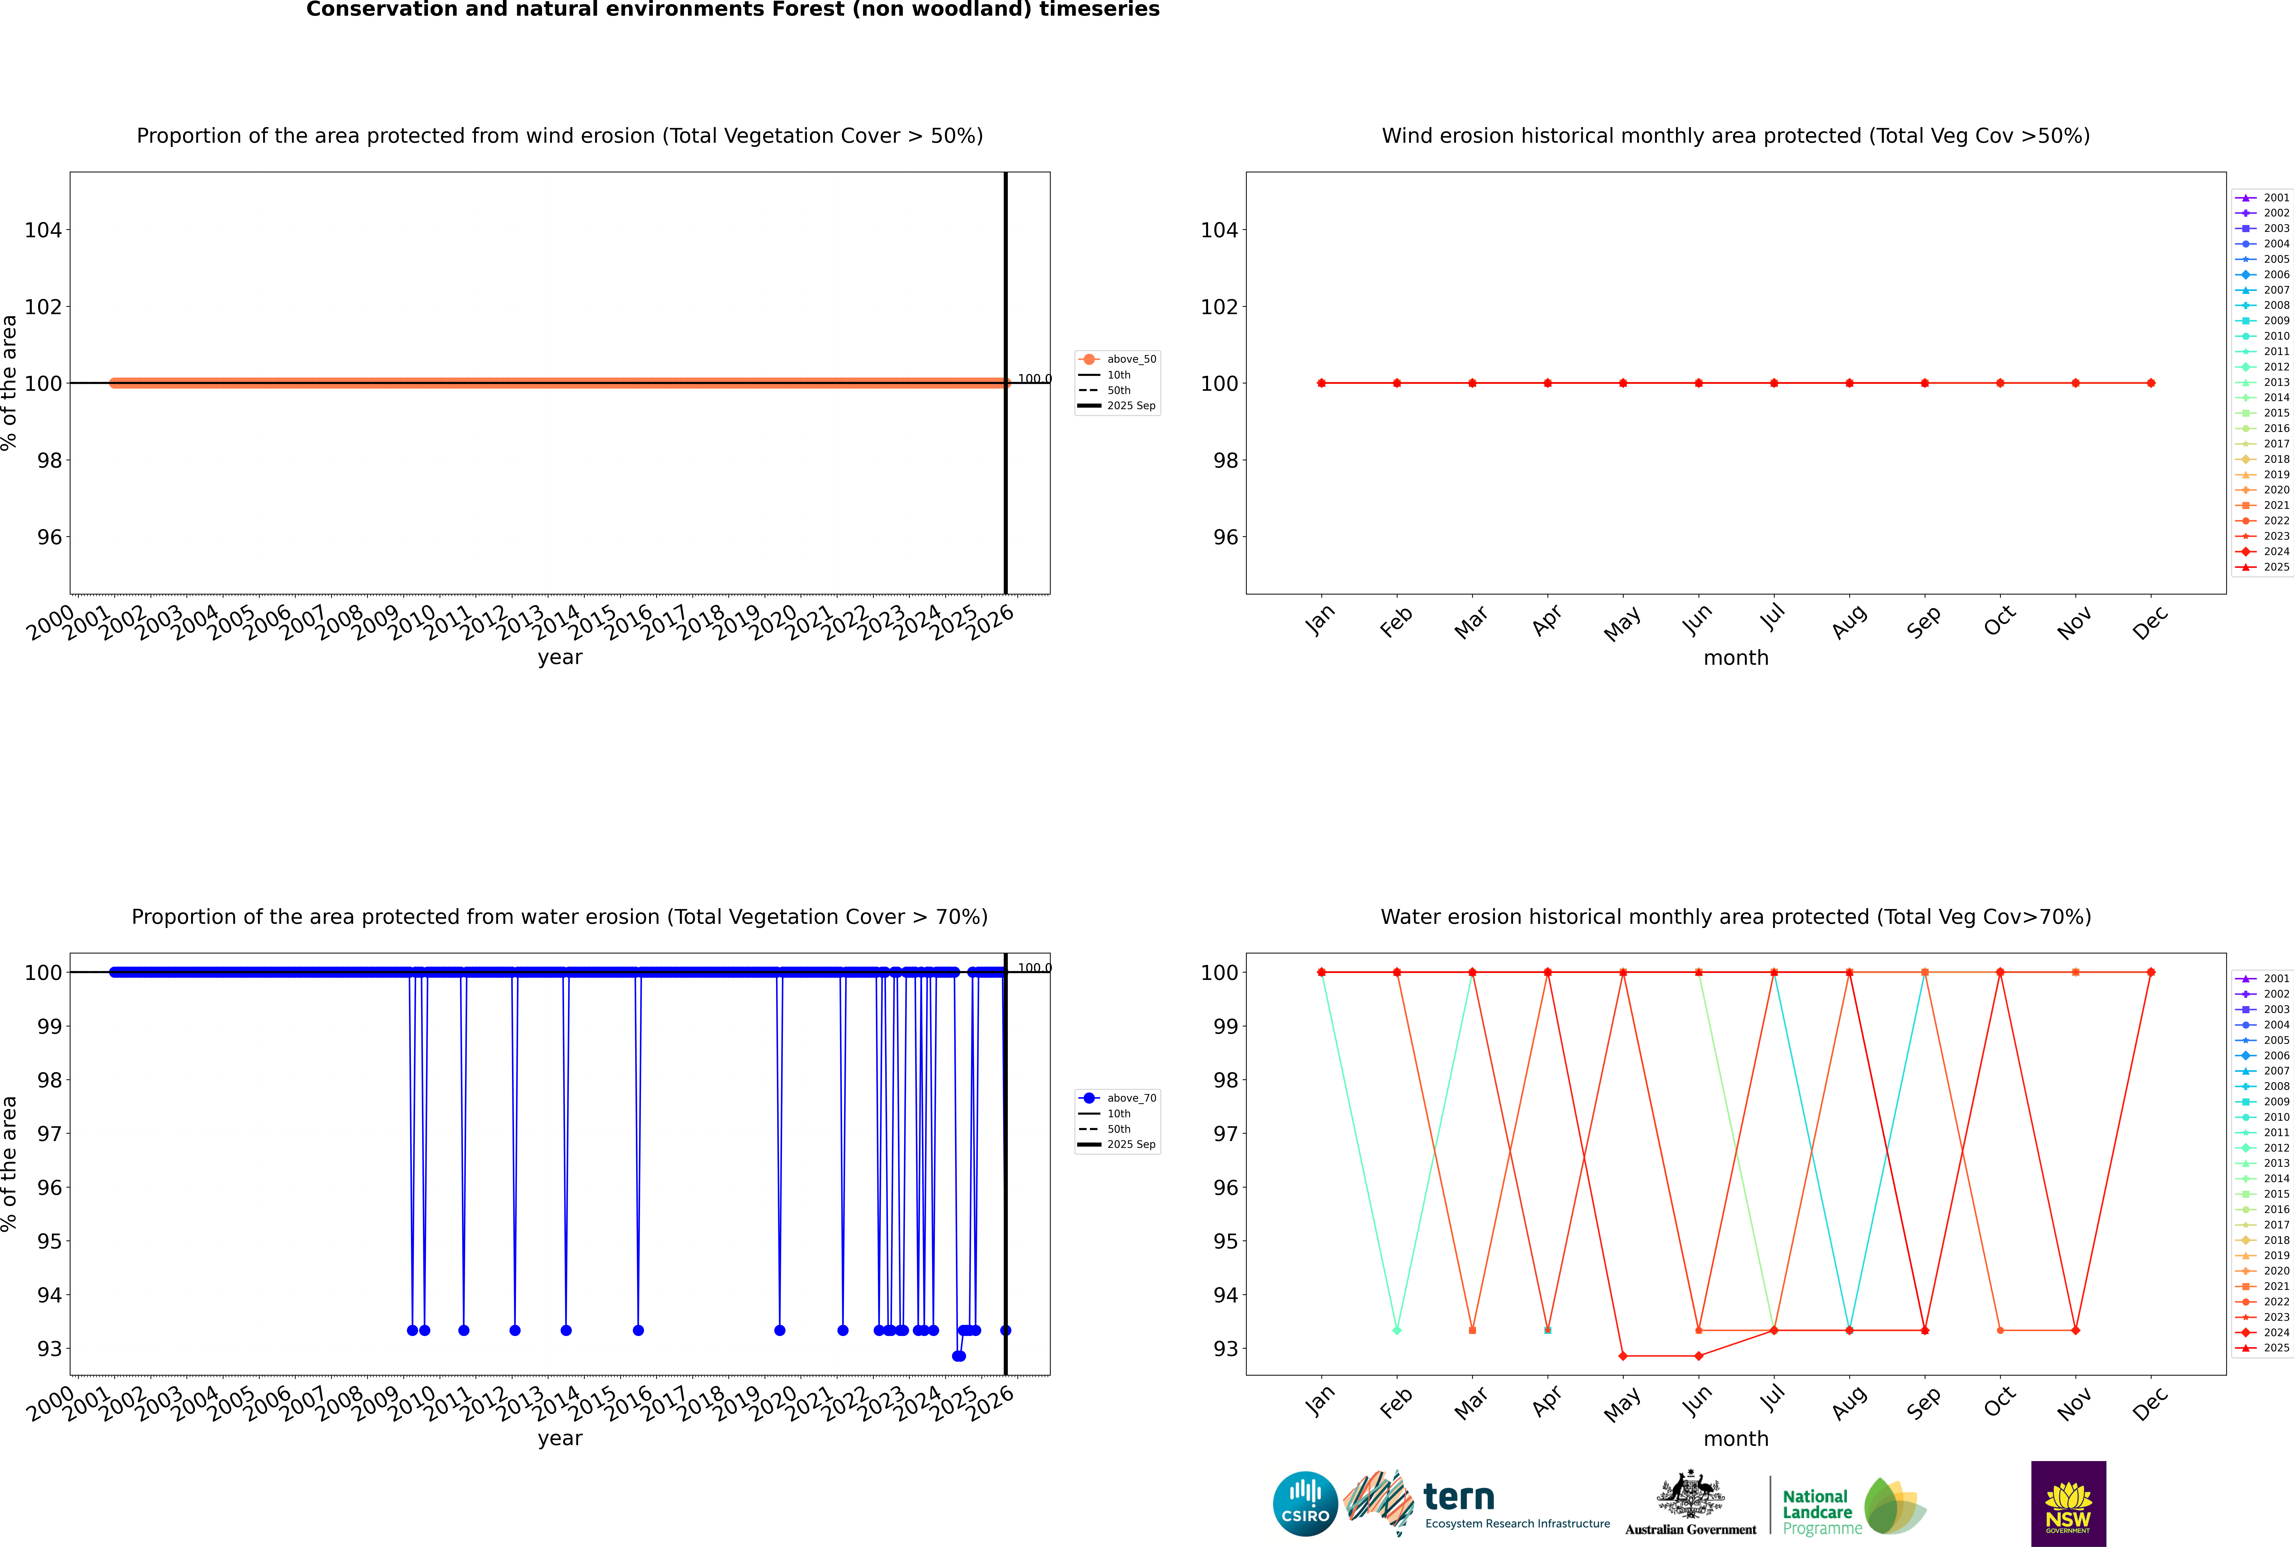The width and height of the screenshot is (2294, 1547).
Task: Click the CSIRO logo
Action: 1305,1504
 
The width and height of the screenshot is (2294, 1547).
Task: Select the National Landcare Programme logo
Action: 1852,1507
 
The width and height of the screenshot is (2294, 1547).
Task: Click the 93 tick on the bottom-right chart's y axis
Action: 1225,1349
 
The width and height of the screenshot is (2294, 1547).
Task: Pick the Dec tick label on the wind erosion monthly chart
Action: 2150,621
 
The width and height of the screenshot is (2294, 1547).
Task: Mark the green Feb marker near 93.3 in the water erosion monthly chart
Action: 1397,1330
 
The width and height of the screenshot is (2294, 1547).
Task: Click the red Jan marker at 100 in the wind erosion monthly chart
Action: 1322,383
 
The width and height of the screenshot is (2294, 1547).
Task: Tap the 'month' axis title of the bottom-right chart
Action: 1736,1439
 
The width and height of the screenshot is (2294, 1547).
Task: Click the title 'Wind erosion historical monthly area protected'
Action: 1736,136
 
